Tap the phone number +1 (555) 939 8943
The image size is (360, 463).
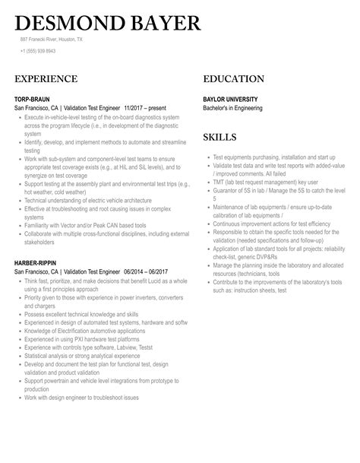coord(37,51)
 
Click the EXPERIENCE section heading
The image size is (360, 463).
coord(46,79)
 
